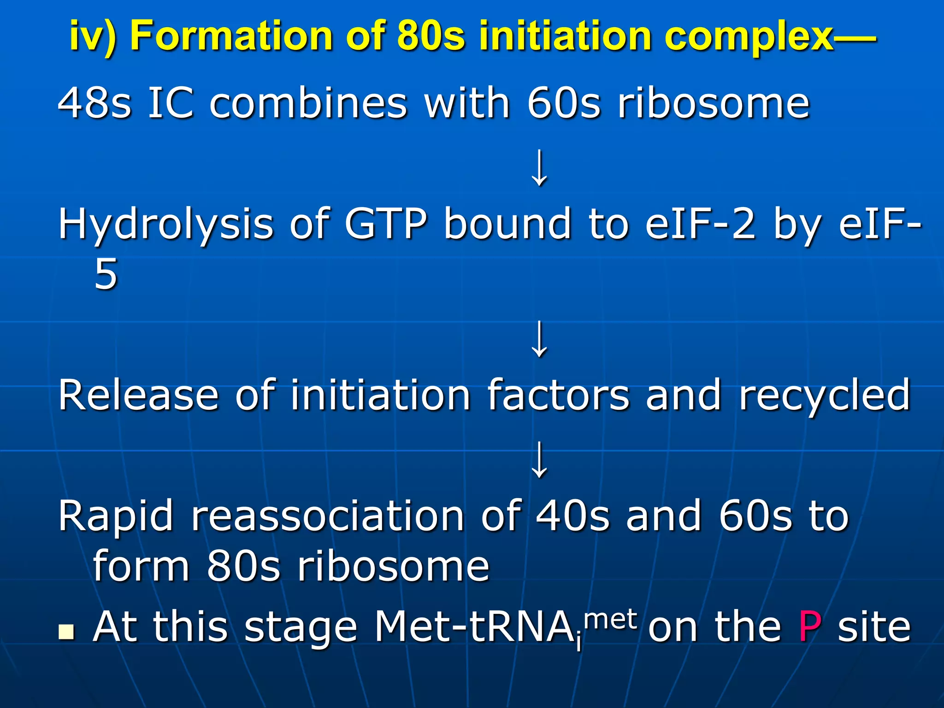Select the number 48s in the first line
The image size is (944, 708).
click(95, 103)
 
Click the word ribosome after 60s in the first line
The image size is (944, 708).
click(714, 103)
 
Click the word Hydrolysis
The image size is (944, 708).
click(166, 225)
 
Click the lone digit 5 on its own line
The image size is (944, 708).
click(106, 274)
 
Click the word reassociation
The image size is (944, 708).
click(328, 516)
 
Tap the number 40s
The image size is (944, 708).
click(573, 516)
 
